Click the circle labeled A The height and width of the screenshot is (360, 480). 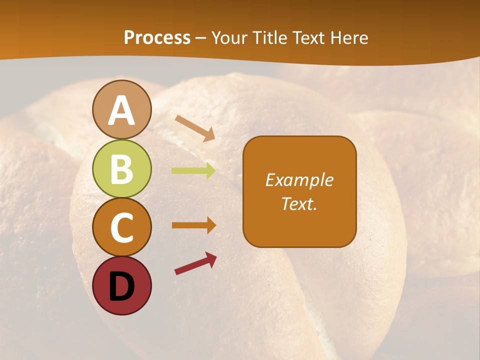pos(121,109)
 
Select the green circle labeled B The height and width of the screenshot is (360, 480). pos(121,168)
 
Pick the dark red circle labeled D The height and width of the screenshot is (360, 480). pos(121,285)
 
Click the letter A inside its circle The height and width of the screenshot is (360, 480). pos(121,110)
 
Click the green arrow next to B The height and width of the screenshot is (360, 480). pos(193,171)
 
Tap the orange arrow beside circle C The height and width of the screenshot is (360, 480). pos(193,225)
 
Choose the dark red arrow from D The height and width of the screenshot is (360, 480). pos(195,263)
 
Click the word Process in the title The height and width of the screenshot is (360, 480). pos(157,38)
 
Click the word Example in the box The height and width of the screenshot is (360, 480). pos(299,180)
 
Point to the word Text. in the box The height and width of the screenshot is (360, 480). pos(299,203)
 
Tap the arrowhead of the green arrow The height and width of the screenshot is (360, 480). pos(210,171)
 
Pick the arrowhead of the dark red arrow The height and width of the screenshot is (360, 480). pos(211,258)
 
